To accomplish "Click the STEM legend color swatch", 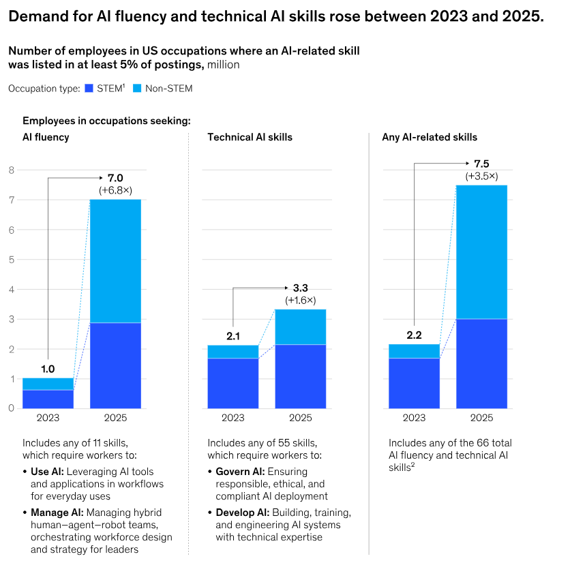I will pos(87,88).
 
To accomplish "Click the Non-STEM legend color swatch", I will pos(136,88).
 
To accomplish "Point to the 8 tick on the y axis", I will pos(11,170).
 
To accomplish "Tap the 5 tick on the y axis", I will pos(11,260).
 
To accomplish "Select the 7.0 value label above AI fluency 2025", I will pos(115,178).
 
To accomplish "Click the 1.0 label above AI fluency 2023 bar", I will pos(48,368).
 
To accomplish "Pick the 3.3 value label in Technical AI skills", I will pos(301,288).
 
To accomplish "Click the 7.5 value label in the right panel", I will pos(481,164).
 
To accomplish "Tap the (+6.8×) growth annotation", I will pos(115,189).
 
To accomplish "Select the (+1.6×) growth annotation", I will pos(301,300).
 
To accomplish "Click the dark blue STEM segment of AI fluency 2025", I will pos(115,365).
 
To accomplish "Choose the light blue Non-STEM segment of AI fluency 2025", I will pos(115,261).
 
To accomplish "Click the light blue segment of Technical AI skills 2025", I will pos(301,327).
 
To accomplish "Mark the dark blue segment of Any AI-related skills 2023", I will pos(414,383).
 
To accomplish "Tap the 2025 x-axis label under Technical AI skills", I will pos(301,418).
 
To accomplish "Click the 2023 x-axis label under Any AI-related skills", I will pos(414,418).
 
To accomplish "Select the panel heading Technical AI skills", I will pos(250,138).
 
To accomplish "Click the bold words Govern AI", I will pos(240,472).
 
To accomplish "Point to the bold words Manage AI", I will pos(57,513).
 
